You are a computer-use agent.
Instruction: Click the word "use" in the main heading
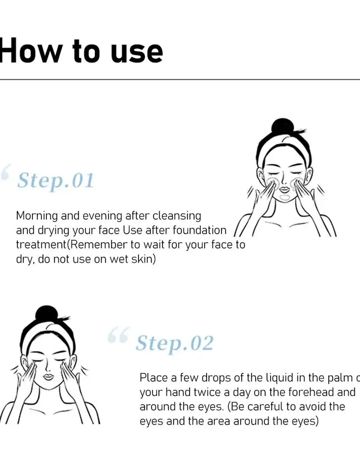click(137, 52)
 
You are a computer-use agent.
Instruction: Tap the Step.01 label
click(55, 181)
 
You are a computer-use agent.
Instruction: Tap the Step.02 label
click(174, 343)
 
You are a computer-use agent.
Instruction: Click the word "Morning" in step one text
click(37, 216)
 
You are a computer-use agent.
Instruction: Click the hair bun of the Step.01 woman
click(282, 127)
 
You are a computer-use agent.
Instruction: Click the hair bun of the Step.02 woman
click(46, 314)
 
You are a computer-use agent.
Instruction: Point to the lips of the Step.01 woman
click(285, 190)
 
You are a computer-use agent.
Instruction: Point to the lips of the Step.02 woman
click(48, 377)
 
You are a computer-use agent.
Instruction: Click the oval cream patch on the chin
click(285, 197)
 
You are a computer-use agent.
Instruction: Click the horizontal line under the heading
click(180, 80)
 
